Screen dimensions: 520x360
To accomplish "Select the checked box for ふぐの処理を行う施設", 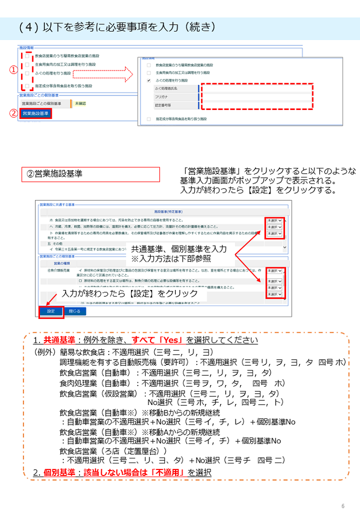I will tap(149, 81).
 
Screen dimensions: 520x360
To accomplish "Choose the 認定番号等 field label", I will tap(165, 105).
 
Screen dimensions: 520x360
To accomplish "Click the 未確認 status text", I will tap(80, 104).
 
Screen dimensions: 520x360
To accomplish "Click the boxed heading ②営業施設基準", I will tap(91, 174).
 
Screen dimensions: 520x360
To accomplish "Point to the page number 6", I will tap(343, 506).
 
